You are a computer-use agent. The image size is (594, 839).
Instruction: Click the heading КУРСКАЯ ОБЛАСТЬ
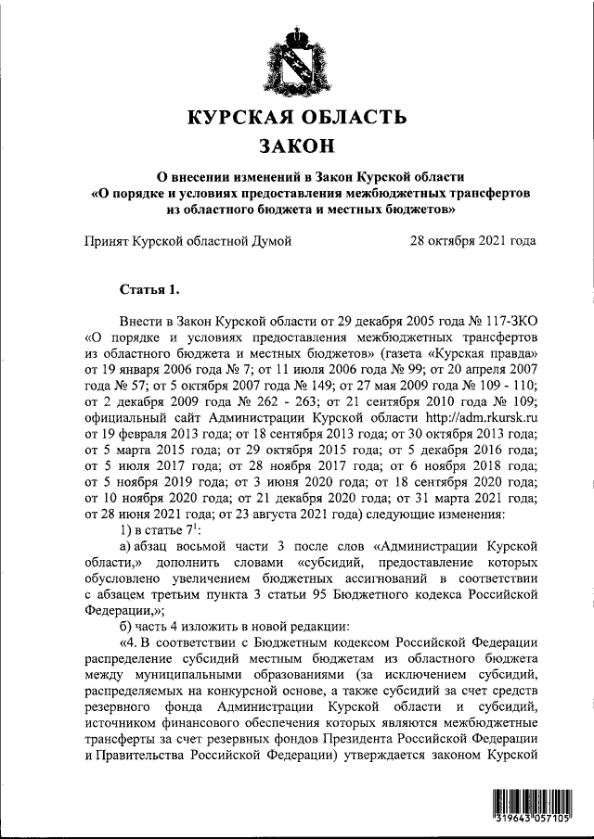pos(297,118)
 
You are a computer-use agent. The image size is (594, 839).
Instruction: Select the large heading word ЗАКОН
pos(297,146)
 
